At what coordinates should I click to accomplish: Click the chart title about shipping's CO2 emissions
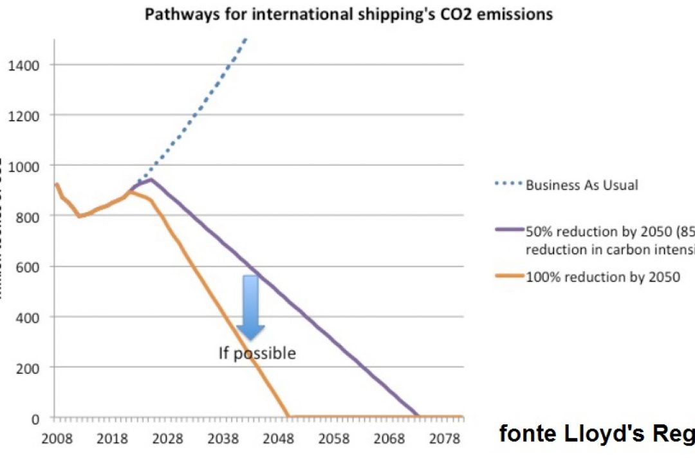click(348, 14)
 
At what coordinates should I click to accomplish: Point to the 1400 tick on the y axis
click(24, 65)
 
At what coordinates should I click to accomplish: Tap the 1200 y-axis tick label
click(24, 116)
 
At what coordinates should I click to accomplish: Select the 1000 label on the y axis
click(24, 166)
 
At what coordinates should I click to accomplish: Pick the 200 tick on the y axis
click(28, 368)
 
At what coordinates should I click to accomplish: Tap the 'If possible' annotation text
click(257, 353)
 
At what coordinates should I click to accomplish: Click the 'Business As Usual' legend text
click(582, 185)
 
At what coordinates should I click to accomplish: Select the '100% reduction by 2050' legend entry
click(603, 278)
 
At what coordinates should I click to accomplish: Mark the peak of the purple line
click(151, 179)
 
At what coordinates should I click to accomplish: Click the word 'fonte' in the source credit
click(527, 435)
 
